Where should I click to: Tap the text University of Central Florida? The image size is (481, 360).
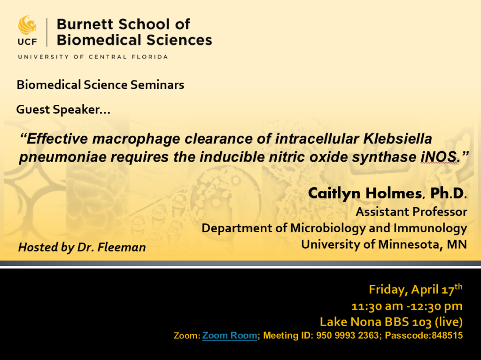tap(93, 57)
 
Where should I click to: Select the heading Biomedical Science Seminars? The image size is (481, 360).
tap(100, 85)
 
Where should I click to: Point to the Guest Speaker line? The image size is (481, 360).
tap(63, 110)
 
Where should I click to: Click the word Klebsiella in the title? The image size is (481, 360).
tap(397, 139)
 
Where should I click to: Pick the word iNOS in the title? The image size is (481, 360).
tap(438, 157)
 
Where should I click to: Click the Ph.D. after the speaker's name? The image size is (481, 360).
tap(450, 193)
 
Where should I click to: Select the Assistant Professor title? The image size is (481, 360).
tap(411, 211)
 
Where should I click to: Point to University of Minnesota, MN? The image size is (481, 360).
tap(384, 244)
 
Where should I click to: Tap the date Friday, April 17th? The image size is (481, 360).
tap(415, 290)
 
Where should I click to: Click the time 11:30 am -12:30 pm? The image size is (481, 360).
tap(407, 306)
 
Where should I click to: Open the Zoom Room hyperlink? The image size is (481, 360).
tap(230, 336)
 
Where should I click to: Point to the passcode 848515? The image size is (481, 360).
tap(447, 336)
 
